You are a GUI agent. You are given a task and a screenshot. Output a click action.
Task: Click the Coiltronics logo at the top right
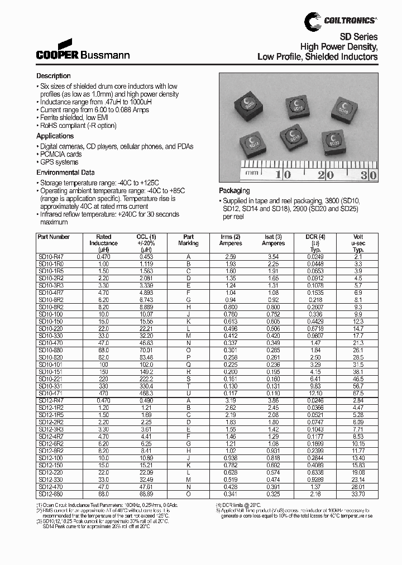click(341, 21)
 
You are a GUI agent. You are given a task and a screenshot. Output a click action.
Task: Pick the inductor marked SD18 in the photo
click(344, 107)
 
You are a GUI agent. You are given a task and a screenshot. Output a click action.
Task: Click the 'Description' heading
click(54, 76)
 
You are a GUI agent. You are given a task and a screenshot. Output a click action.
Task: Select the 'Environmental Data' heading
click(65, 173)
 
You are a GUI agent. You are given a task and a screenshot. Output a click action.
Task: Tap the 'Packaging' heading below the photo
click(234, 191)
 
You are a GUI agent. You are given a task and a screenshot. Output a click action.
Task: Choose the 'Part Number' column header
click(54, 237)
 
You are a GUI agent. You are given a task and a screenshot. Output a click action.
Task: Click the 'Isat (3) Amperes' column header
click(273, 240)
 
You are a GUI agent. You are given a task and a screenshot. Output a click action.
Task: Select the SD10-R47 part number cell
click(51, 256)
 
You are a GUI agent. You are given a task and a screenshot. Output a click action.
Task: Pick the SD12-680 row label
click(51, 494)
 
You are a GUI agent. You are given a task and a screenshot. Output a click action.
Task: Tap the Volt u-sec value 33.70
click(358, 494)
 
